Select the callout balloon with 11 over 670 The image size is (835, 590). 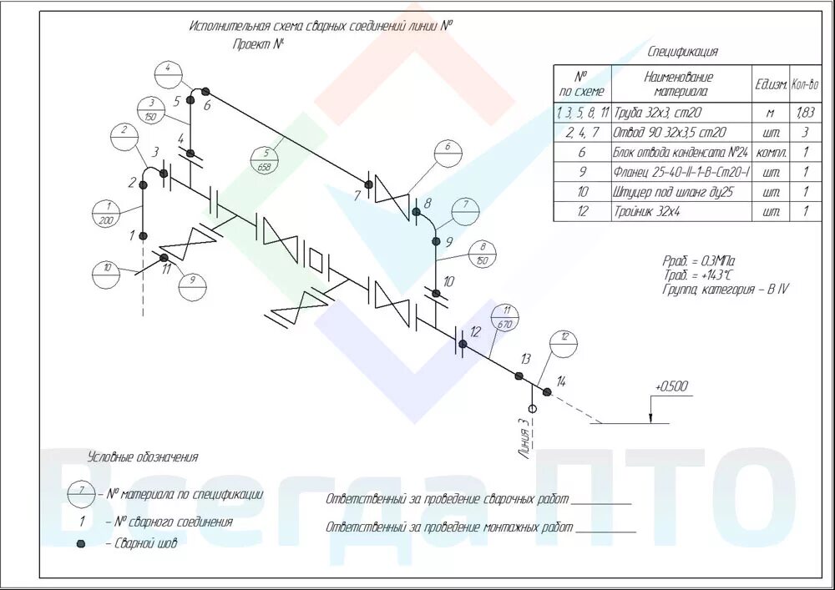tap(507, 318)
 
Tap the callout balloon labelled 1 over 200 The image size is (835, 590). tap(106, 212)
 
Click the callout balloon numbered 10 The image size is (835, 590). tap(106, 272)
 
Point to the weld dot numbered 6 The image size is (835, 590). tap(205, 91)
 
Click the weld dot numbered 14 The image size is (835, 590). tap(547, 391)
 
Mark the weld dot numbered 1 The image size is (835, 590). tap(143, 235)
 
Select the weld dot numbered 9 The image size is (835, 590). tap(435, 241)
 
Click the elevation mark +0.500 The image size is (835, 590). tap(671, 386)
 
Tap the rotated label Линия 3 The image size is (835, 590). tap(524, 439)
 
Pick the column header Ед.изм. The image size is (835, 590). tap(771, 83)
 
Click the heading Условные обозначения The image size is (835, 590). tap(143, 457)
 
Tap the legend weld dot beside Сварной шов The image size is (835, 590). tap(81, 544)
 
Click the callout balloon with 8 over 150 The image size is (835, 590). tap(483, 254)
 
